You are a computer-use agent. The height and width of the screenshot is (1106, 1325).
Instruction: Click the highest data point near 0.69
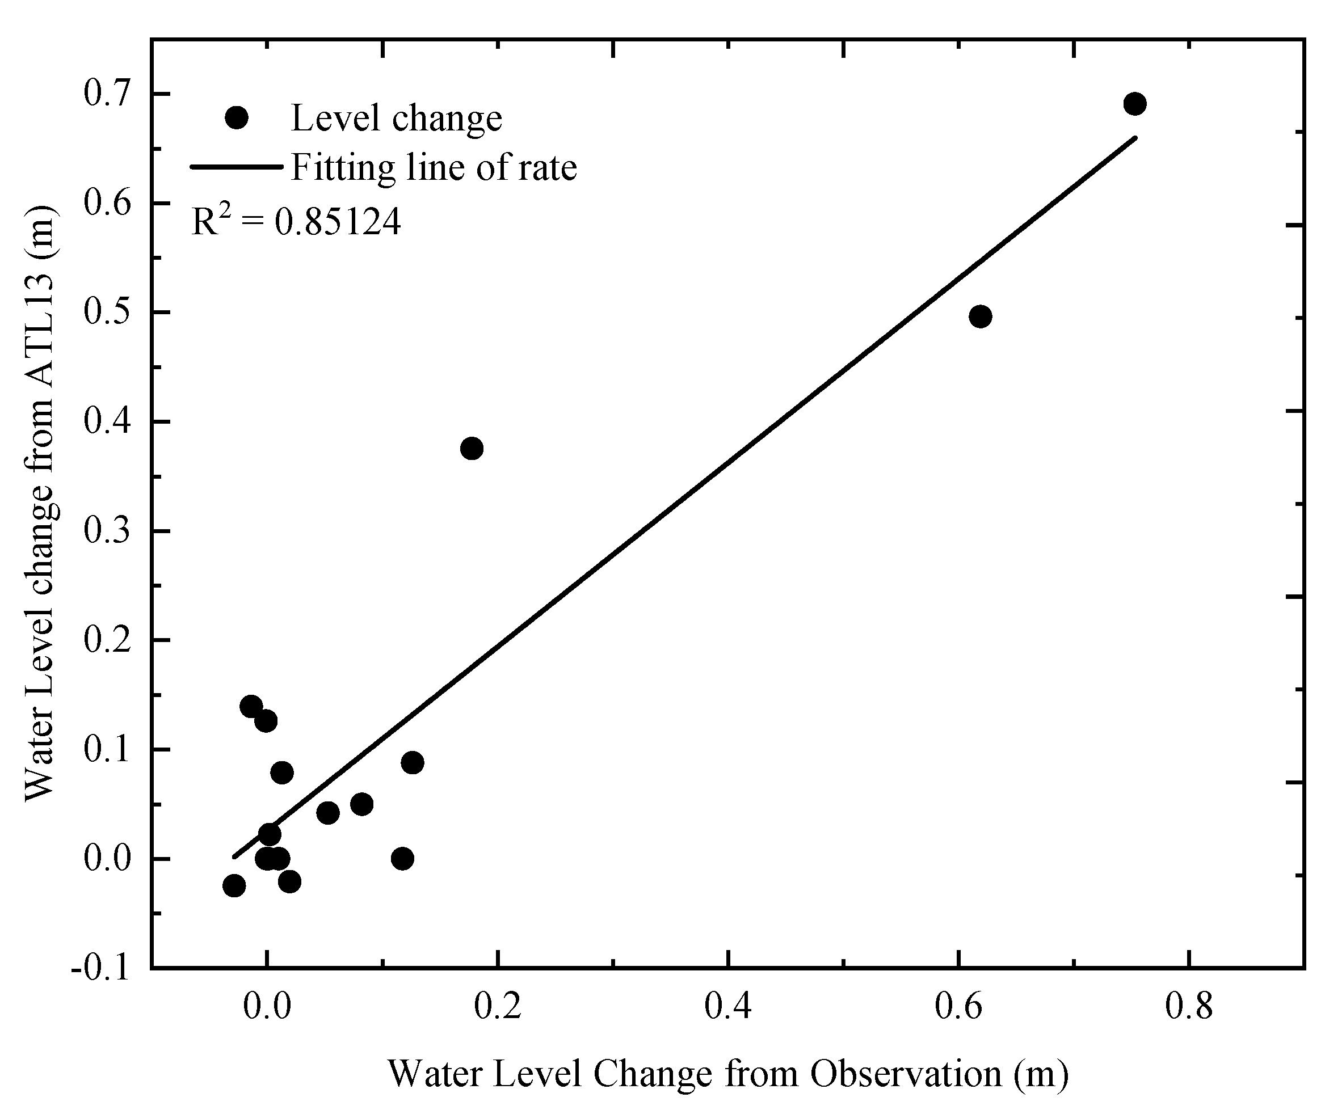[1134, 104]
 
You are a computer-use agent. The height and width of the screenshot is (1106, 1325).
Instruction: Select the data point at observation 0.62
[980, 316]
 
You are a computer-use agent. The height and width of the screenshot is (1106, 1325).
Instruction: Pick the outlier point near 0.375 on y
[472, 449]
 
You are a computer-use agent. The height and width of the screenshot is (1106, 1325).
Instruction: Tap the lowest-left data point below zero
[234, 886]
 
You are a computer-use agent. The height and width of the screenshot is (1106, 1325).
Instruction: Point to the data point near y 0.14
[251, 706]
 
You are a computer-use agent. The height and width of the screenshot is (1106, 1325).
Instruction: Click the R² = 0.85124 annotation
[296, 222]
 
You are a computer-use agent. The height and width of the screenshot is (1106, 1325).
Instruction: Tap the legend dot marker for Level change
[237, 117]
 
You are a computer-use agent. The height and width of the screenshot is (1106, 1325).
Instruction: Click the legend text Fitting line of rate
[434, 168]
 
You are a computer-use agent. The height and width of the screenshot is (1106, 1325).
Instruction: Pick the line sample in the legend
[236, 167]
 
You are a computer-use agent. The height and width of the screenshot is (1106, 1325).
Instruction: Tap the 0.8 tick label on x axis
[1189, 1007]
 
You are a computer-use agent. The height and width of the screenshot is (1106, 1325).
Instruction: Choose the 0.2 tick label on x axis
[498, 1007]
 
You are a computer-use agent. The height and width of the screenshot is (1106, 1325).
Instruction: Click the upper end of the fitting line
[1134, 137]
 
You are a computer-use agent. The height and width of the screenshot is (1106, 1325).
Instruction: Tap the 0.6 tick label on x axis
[958, 1007]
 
